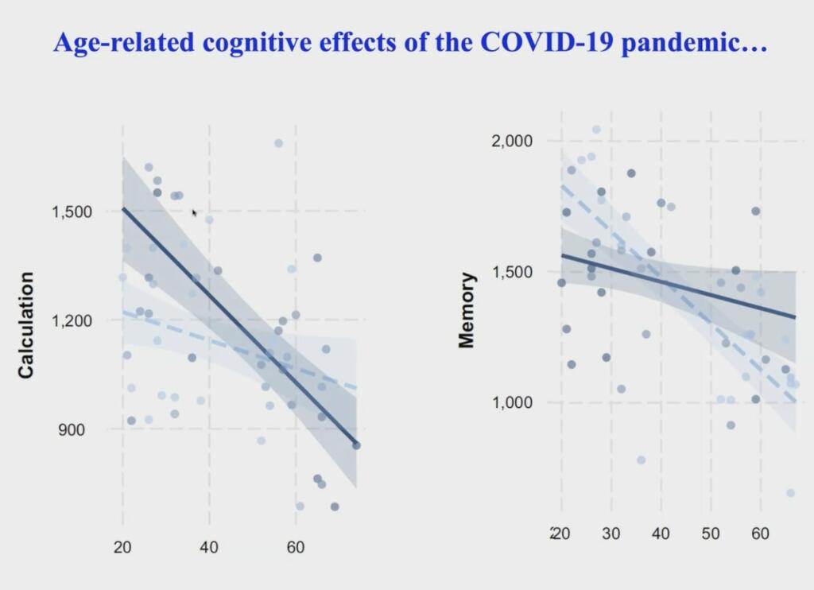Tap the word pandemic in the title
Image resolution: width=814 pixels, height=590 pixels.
(x=692, y=43)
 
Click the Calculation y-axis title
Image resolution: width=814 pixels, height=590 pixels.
(x=26, y=324)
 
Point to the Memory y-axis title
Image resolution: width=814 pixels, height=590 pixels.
(x=467, y=310)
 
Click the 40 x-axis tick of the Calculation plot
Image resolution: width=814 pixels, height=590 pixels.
(x=209, y=547)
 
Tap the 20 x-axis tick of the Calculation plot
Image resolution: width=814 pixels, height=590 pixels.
(x=122, y=547)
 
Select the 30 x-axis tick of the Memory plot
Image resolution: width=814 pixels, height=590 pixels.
(x=610, y=533)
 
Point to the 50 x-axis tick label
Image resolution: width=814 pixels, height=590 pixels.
(x=711, y=533)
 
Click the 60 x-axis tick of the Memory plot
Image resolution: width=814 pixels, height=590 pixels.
(x=760, y=533)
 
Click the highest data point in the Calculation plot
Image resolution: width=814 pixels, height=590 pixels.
(x=278, y=143)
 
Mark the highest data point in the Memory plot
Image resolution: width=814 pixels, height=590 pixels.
(x=596, y=130)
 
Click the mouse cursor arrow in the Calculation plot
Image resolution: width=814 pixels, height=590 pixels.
(x=195, y=212)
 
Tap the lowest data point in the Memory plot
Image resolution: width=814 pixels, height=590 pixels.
(x=790, y=493)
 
